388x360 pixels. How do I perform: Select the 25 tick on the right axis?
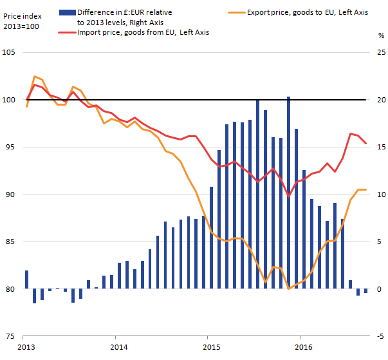click(380, 53)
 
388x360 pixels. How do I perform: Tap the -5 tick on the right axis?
click(380, 336)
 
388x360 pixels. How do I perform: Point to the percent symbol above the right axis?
click(380, 37)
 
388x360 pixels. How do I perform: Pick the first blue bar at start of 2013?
click(27, 279)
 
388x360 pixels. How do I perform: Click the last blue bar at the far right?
click(365, 291)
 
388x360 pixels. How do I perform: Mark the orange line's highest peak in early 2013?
click(34, 77)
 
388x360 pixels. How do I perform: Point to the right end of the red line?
click(365, 144)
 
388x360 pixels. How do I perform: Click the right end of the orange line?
click(365, 189)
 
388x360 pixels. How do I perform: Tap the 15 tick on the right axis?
click(380, 147)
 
